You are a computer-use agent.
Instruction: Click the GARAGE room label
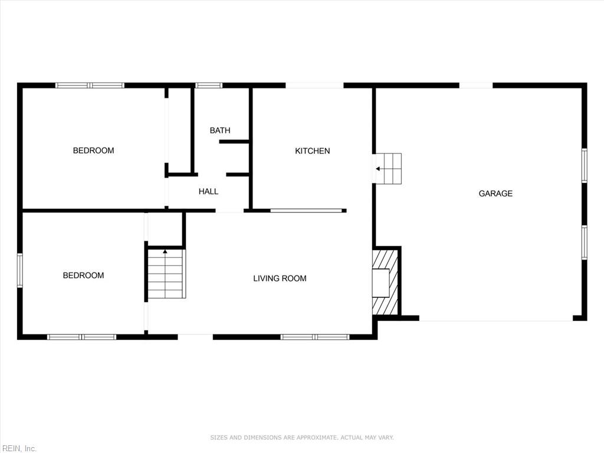pos(495,193)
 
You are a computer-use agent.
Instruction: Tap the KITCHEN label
pos(313,151)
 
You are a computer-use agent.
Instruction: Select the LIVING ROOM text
pos(280,278)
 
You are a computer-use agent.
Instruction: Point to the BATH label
pos(220,130)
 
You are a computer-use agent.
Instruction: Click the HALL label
pos(208,192)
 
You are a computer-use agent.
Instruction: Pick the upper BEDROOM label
pos(94,150)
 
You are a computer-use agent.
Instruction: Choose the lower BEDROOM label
pos(83,275)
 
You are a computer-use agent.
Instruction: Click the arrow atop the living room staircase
pos(165,251)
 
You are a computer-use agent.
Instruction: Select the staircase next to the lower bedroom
pos(166,274)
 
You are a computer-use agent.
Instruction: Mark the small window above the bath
pos(208,86)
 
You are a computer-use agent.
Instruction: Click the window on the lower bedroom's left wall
pos(20,270)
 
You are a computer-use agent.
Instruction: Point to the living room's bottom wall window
pos(315,337)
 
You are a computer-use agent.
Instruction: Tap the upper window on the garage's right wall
pos(585,165)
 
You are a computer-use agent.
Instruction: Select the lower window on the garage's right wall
pos(585,242)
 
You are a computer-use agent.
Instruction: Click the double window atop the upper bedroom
pos(90,86)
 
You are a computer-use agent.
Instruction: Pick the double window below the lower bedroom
pos(81,337)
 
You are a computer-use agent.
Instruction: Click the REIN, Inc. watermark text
pos(18,448)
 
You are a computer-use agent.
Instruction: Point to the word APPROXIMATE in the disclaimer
pos(316,438)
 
